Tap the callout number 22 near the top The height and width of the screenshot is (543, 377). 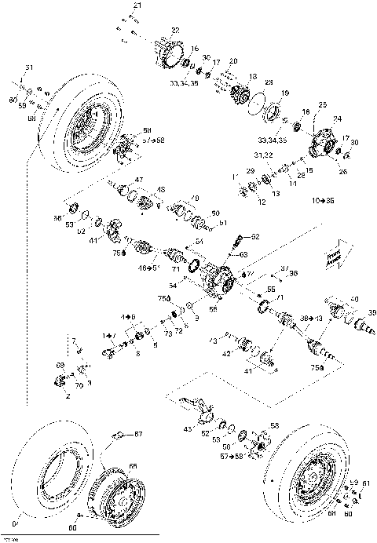tap(174, 30)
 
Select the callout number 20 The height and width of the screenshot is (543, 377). tap(232, 60)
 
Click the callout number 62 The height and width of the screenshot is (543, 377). tap(255, 236)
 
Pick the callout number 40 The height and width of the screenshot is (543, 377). tap(353, 299)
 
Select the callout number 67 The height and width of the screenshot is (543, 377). tap(137, 434)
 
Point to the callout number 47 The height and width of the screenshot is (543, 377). tap(139, 180)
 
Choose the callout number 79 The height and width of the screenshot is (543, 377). tap(195, 197)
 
